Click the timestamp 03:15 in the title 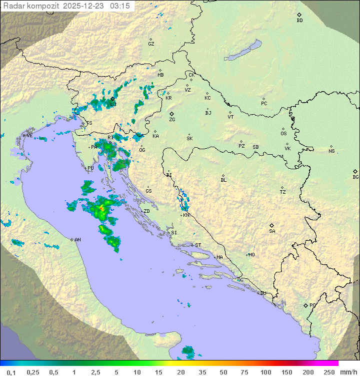[120, 6]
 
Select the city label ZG [172, 120]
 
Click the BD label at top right [299, 21]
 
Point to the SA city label [272, 231]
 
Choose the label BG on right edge [355, 177]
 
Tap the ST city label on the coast [198, 245]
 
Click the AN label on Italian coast [77, 240]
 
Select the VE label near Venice [29, 136]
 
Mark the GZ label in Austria [151, 44]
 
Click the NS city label [331, 151]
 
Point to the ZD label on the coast [146, 211]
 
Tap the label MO [251, 255]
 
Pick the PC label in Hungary [264, 104]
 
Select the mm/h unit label [347, 372]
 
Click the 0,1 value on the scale [11, 372]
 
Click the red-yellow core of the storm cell [102, 207]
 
